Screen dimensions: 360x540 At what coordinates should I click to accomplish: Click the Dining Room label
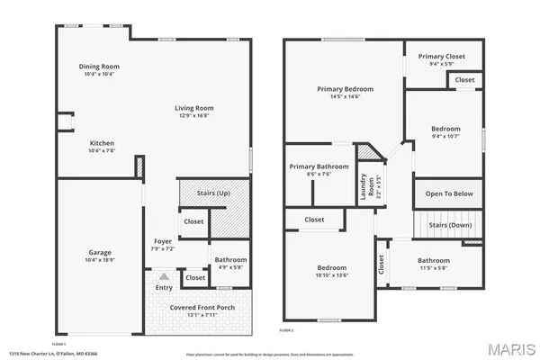click(100, 67)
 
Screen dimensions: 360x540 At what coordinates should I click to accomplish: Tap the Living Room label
click(193, 108)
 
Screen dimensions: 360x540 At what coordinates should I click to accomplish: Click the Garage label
click(100, 252)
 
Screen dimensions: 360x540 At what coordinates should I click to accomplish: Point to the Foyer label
click(163, 241)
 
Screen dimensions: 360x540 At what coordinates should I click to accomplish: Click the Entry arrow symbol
click(164, 278)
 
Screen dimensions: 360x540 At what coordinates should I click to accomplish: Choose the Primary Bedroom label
click(345, 89)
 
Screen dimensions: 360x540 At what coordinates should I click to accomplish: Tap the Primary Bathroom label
click(319, 166)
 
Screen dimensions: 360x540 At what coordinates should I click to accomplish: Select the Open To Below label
click(448, 193)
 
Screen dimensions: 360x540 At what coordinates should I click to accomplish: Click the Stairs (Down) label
click(448, 225)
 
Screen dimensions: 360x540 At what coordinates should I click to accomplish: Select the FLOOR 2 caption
click(286, 332)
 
